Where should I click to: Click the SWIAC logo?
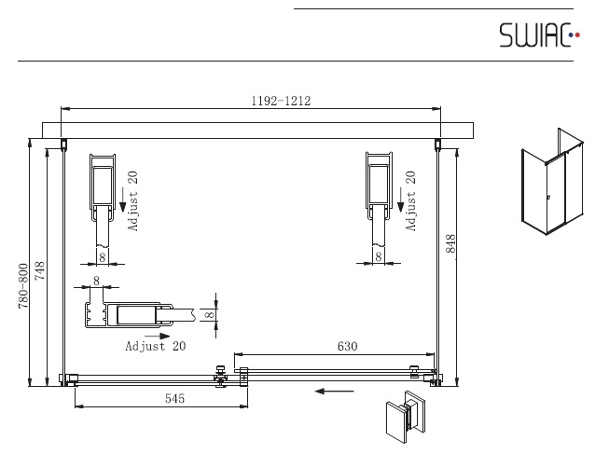(539, 34)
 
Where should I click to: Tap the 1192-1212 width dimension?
(282, 101)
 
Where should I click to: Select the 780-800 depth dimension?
(23, 286)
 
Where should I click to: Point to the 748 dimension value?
(39, 270)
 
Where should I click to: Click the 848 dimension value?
(450, 243)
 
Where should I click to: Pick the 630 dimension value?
(347, 346)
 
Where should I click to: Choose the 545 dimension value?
(174, 398)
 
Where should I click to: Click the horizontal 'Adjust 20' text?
(156, 346)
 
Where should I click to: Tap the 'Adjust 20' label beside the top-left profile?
(132, 201)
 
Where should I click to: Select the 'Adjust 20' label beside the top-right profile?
(410, 201)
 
